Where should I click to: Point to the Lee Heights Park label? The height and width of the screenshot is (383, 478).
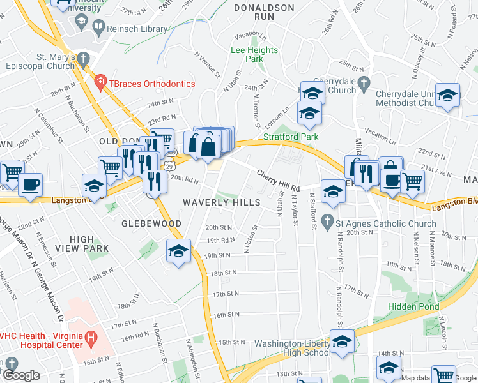point(254,54)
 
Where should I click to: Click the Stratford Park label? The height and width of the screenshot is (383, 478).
point(291,137)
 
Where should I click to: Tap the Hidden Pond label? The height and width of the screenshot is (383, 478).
point(413,306)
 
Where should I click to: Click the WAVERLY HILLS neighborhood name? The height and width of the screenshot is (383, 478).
point(222,202)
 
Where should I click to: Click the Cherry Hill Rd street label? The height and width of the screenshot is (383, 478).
point(279,181)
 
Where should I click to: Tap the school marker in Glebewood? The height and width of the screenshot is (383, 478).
point(179,251)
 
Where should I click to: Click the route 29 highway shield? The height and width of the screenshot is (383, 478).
point(168,165)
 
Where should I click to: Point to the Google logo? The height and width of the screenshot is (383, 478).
point(21,375)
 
